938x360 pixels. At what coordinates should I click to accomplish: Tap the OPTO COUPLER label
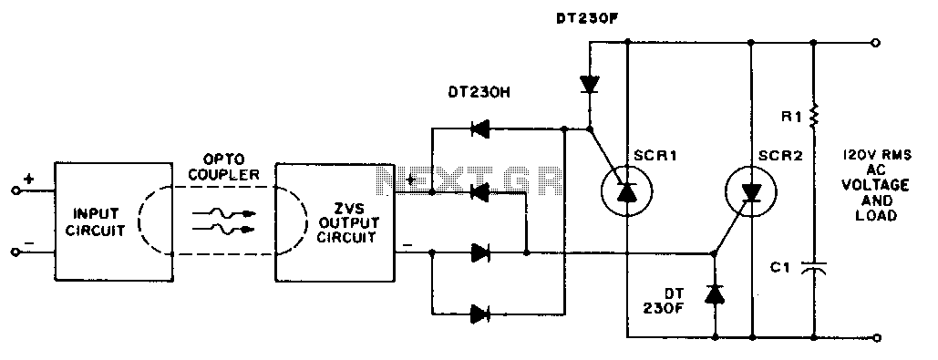click(223, 168)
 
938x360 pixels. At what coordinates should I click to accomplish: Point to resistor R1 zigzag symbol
click(813, 117)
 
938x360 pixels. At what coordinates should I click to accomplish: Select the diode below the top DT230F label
click(590, 85)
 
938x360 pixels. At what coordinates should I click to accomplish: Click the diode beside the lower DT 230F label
click(715, 293)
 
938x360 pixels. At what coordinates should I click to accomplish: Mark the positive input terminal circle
click(15, 191)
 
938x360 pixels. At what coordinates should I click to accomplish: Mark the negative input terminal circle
click(15, 252)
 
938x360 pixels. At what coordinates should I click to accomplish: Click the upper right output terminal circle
click(876, 43)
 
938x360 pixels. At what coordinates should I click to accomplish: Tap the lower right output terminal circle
click(876, 338)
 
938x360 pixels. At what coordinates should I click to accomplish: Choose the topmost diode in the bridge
click(479, 128)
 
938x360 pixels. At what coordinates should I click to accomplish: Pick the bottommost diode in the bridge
click(479, 314)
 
